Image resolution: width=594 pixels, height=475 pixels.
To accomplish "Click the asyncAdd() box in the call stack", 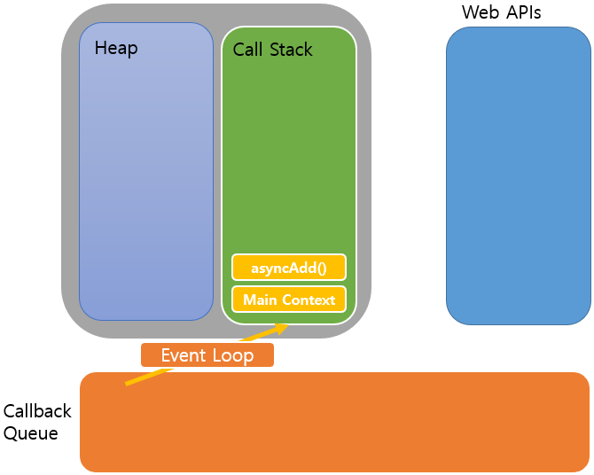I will pos(288,267).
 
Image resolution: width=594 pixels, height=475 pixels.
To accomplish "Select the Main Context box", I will pos(289,300).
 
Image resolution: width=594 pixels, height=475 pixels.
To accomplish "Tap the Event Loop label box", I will pos(207,355).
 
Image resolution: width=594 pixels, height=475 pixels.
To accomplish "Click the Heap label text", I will pos(116,48).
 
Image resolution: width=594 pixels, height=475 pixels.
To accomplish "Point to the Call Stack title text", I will pos(272,50).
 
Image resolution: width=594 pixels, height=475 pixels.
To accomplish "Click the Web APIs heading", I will pos(501,13).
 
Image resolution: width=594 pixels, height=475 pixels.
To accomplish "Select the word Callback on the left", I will pos(37,412).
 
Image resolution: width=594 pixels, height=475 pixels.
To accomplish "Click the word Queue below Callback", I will pos(31,433).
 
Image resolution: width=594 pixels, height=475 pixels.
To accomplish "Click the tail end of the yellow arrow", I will pos(127,384).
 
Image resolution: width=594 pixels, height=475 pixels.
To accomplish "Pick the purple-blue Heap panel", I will pos(146,177).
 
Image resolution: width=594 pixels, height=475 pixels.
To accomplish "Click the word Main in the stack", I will pos(260,300).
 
